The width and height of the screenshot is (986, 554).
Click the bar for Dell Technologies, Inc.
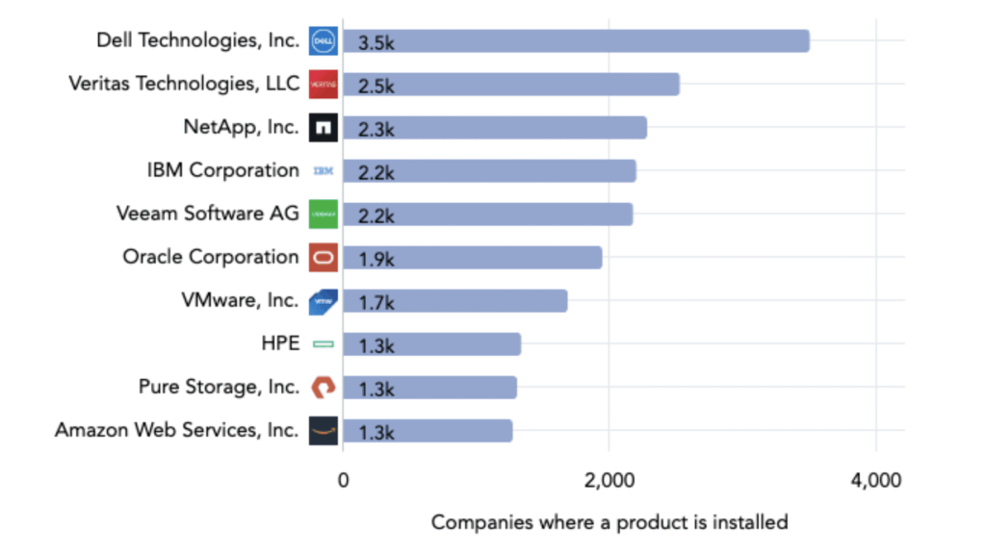(576, 41)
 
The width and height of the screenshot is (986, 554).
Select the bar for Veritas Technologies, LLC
(510, 85)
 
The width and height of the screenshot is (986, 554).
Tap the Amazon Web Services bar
(428, 431)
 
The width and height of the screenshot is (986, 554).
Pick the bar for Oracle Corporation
(472, 258)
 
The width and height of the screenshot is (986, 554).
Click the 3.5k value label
(376, 42)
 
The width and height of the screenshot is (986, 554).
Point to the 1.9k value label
(376, 259)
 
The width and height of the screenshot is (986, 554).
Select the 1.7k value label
(376, 302)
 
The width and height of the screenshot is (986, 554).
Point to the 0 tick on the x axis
(343, 479)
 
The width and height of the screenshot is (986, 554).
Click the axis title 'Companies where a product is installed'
(609, 522)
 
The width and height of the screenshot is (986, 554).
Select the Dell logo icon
(323, 40)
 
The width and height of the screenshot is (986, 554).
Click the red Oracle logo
(323, 258)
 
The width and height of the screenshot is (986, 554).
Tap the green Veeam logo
(323, 214)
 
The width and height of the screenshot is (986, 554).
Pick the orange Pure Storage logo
(323, 387)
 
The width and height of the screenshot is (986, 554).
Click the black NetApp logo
(323, 127)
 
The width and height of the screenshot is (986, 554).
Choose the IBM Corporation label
(222, 170)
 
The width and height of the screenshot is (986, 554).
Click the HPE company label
(280, 343)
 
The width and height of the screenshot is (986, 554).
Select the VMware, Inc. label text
(240, 300)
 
